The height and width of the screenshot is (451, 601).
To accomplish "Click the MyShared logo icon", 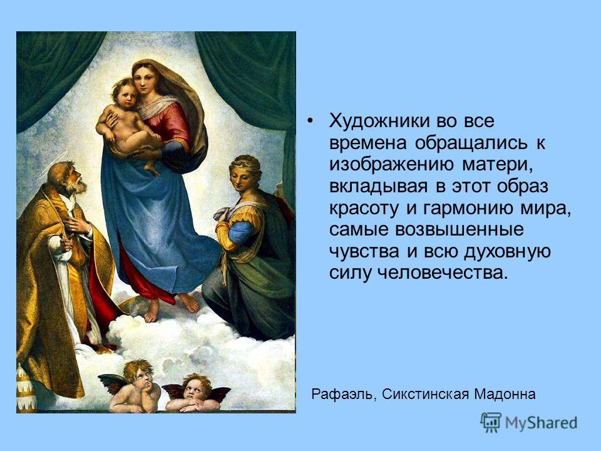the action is click(x=491, y=423).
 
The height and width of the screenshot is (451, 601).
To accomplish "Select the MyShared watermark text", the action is click(x=541, y=423).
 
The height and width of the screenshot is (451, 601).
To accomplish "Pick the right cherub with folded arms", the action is click(x=195, y=393).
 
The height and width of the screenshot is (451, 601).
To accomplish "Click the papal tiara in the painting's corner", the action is click(x=26, y=387).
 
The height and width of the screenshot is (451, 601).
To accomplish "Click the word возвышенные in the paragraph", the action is click(x=459, y=230).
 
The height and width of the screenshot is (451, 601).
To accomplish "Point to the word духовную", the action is click(x=508, y=252).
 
